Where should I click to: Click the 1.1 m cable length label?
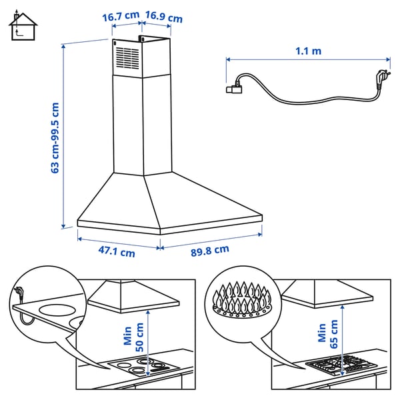click(307, 51)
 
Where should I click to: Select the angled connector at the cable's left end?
click(235, 85)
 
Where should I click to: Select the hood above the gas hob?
click(327, 294)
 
